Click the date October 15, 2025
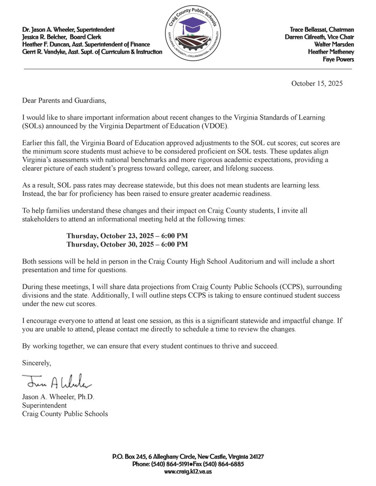[x=316, y=83]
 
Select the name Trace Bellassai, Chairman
[x=322, y=30]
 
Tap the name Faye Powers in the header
[x=338, y=59]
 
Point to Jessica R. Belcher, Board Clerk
[x=61, y=37]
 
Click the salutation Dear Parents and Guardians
[x=64, y=101]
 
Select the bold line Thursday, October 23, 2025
[x=127, y=236]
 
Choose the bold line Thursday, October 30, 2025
[x=127, y=244]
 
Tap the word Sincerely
[x=37, y=363]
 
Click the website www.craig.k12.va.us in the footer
[x=188, y=471]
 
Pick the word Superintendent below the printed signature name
[x=44, y=405]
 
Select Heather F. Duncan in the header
[x=45, y=44]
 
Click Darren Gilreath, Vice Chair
[x=319, y=37]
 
